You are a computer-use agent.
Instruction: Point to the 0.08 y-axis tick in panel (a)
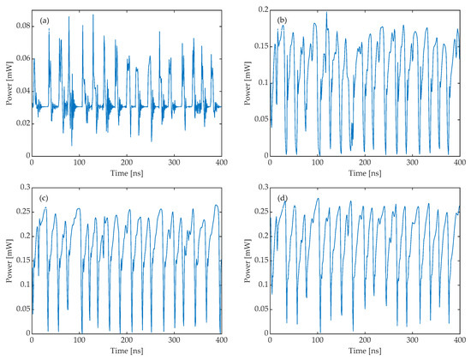[21, 27]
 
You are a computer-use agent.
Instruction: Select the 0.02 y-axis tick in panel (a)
[21, 124]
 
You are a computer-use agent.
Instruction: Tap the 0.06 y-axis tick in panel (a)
[21, 59]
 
